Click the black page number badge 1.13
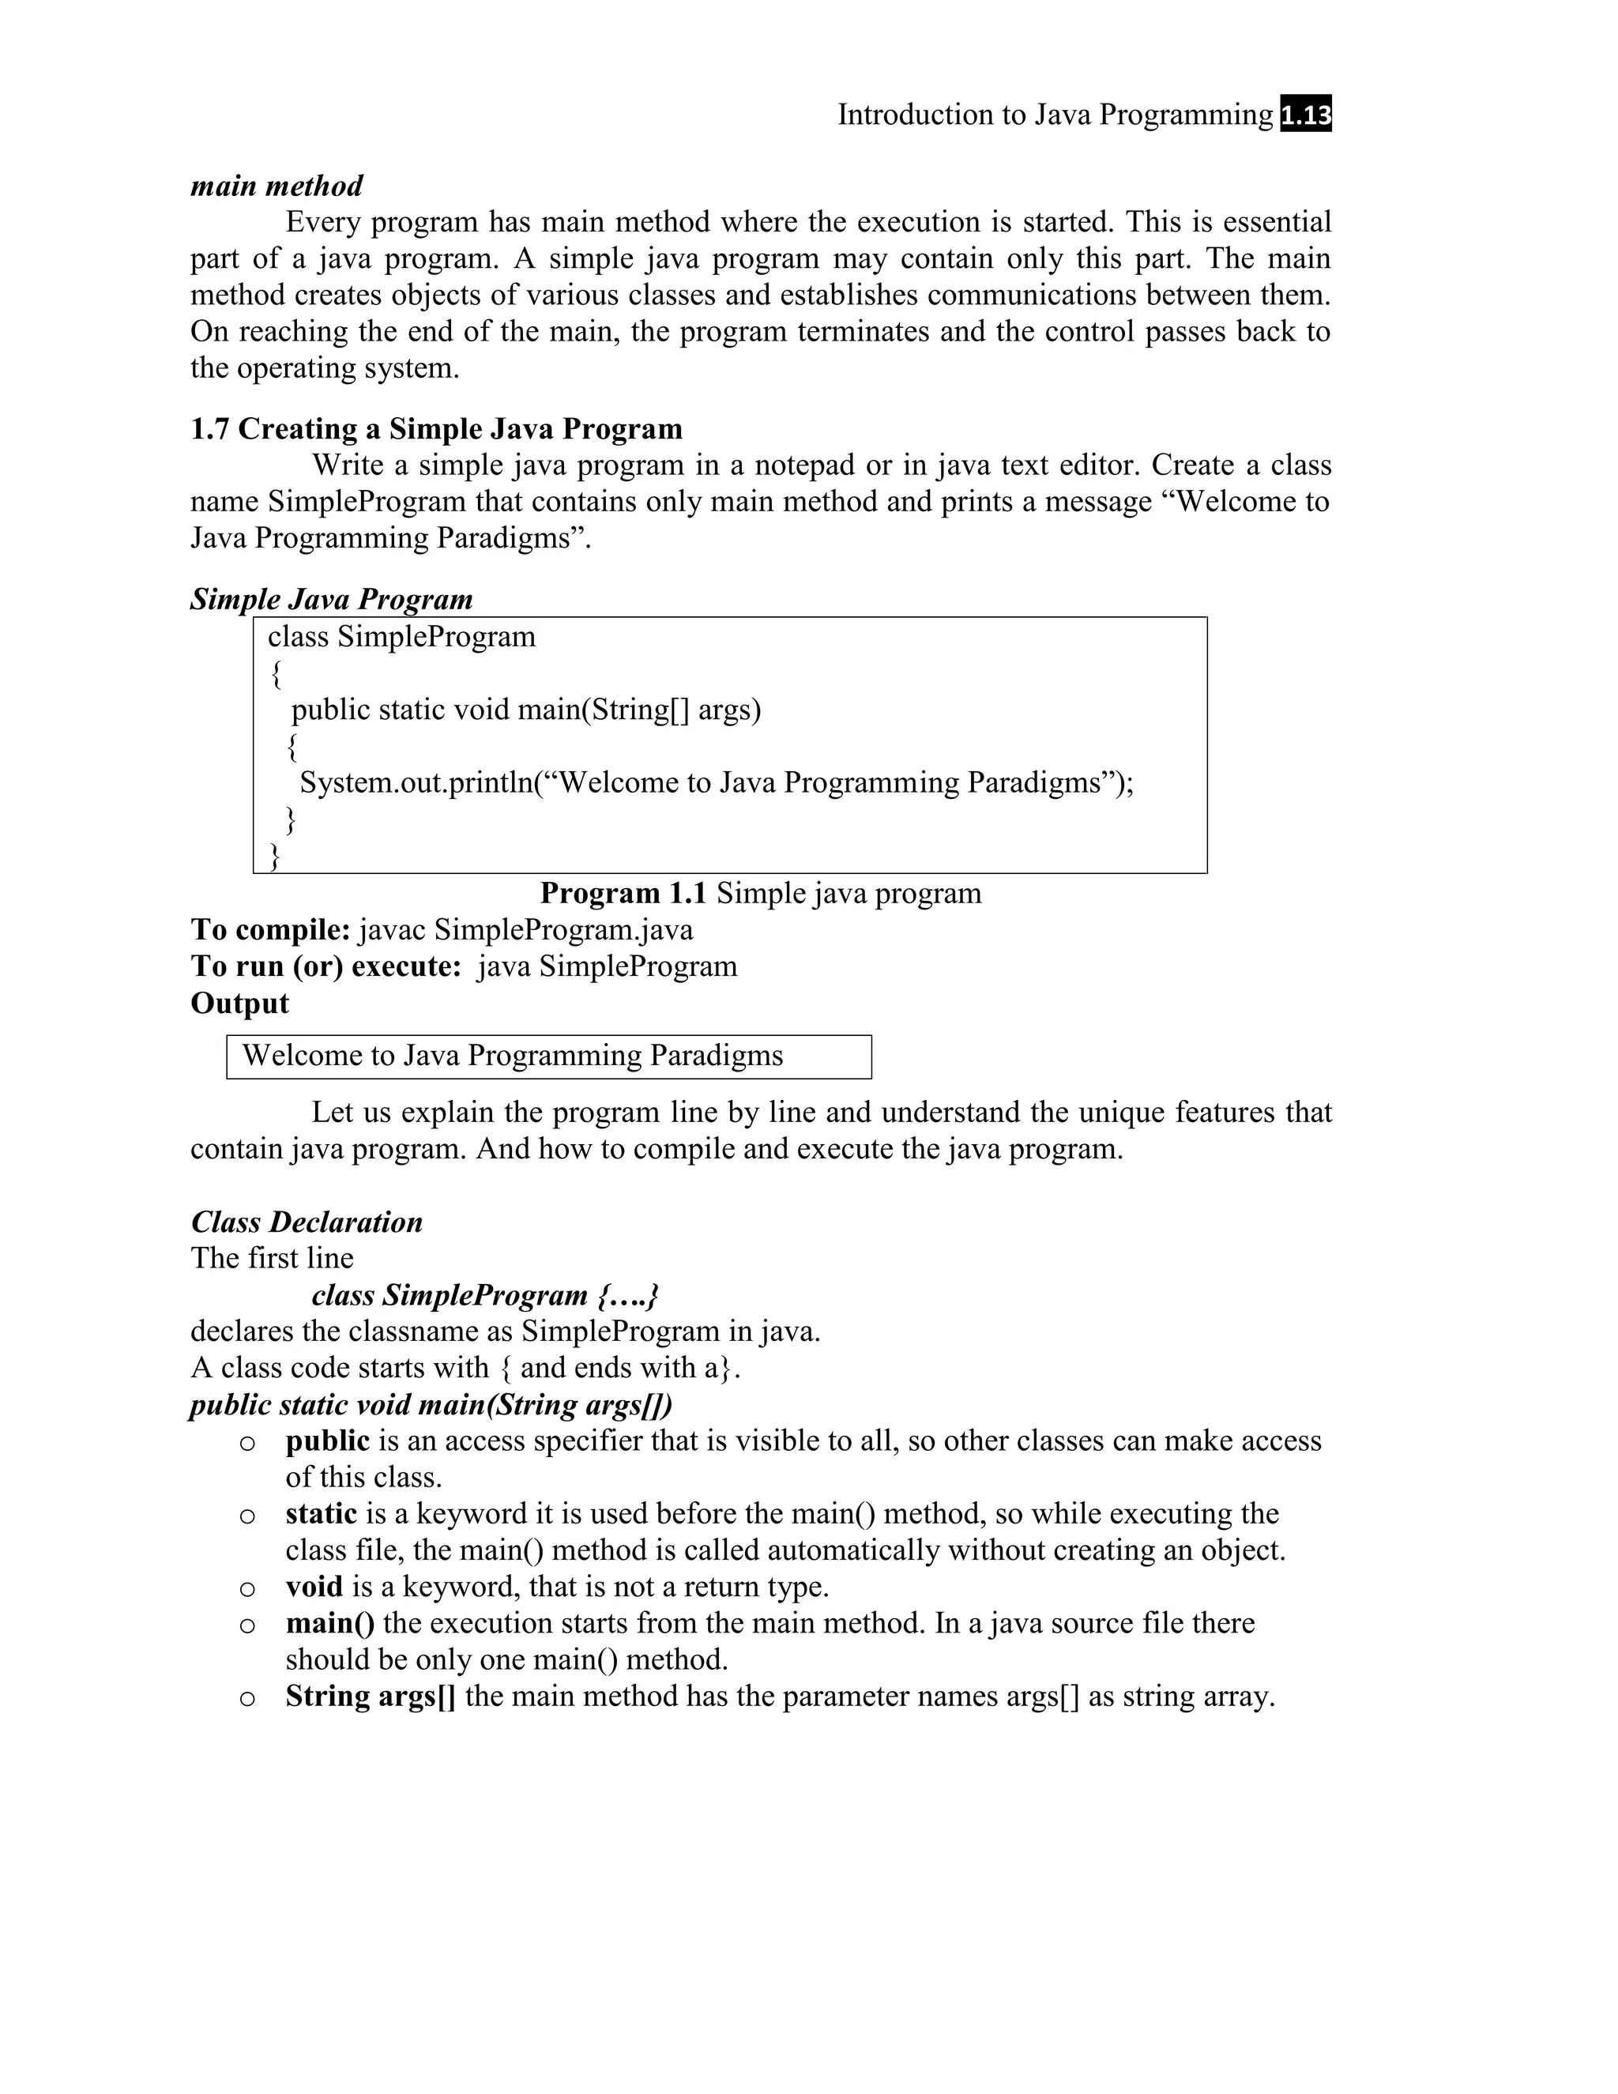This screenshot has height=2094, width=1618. click(x=1305, y=116)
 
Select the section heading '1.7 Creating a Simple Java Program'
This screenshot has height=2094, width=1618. click(x=436, y=428)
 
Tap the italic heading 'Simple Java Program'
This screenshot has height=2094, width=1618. click(x=332, y=599)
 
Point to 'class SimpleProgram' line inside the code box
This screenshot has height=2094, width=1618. click(x=401, y=637)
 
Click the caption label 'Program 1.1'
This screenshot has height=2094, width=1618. click(x=623, y=894)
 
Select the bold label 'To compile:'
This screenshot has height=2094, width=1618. click(x=270, y=930)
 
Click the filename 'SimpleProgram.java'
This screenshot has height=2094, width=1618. click(x=563, y=930)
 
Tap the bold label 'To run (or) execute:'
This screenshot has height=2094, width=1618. click(x=327, y=966)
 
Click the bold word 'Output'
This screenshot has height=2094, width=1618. click(x=239, y=1004)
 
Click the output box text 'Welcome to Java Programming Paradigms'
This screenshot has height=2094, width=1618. click(x=513, y=1056)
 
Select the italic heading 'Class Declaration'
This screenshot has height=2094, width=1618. click(x=307, y=1222)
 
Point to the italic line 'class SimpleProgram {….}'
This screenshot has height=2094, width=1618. click(x=485, y=1296)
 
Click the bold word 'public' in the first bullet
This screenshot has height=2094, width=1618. click(x=327, y=1441)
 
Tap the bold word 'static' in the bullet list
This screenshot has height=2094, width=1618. click(x=321, y=1514)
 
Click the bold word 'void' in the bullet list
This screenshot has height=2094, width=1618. click(x=314, y=1587)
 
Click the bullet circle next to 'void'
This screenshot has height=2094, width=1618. click(x=247, y=1590)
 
